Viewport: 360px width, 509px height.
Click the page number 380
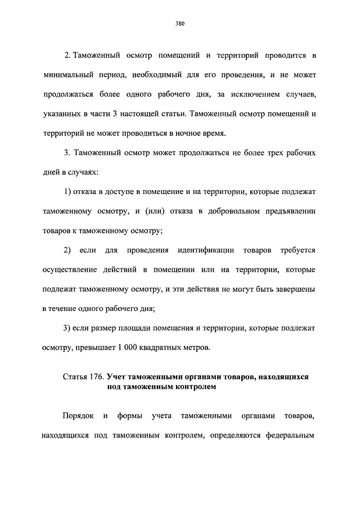[180, 24]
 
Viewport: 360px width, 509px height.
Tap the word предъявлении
[287, 212]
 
